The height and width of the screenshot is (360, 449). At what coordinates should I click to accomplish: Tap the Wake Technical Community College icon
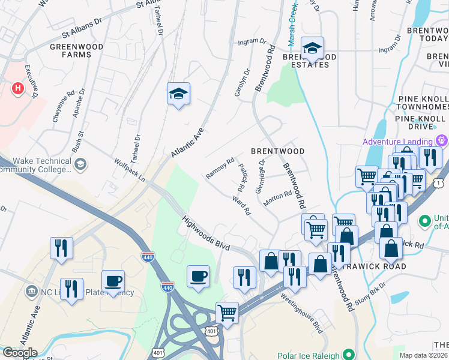point(79,164)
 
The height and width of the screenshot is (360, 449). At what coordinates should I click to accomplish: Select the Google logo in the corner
point(19,353)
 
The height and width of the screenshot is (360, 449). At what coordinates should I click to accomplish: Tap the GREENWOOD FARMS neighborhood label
point(76,50)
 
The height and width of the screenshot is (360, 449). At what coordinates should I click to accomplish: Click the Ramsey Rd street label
point(220,167)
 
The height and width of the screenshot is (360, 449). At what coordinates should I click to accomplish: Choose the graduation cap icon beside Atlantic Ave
point(178,94)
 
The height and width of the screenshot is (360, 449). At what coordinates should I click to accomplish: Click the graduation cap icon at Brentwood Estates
point(312,48)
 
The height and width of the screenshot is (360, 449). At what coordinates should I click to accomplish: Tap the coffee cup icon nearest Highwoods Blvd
point(198,277)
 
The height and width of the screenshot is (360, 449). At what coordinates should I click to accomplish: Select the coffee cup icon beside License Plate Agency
point(113,281)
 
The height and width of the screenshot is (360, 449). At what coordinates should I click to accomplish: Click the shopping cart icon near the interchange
point(227,313)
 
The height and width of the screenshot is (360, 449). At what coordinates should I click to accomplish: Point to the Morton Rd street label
point(277,199)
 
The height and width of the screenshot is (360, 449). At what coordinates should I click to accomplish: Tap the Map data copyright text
point(424,355)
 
